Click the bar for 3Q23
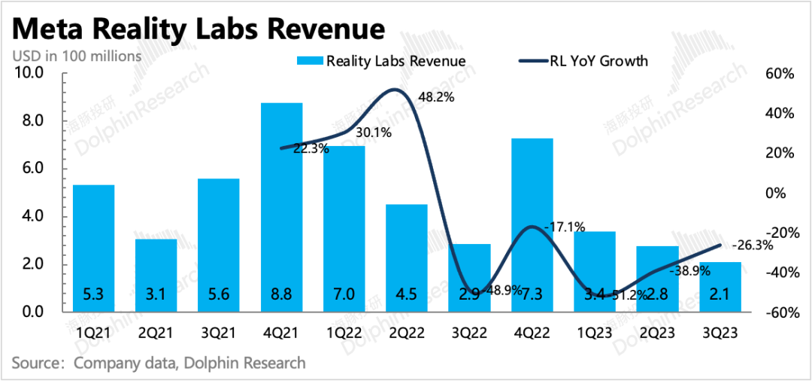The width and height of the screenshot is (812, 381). (720, 287)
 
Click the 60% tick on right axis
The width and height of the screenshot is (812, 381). (780, 73)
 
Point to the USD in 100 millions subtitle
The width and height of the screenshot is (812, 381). (77, 56)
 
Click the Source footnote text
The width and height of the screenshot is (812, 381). (159, 363)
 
